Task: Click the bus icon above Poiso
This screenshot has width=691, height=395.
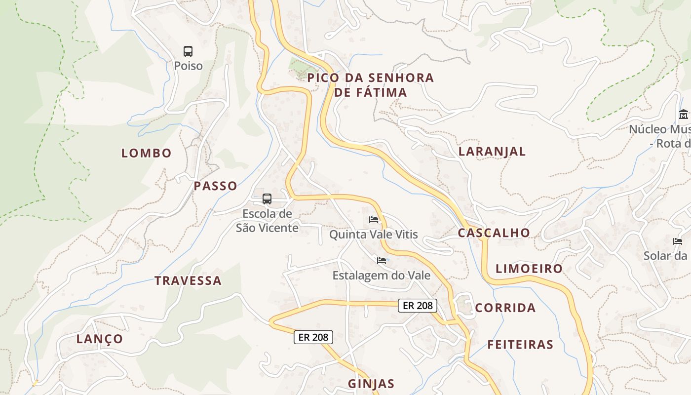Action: click(188, 51)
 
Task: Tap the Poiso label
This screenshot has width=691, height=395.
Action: click(188, 66)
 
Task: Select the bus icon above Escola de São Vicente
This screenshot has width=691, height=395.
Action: click(267, 199)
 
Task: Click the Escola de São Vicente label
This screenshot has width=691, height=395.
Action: click(267, 221)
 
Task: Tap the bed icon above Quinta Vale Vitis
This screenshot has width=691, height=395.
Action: click(374, 219)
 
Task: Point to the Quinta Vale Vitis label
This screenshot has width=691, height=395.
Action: click(374, 235)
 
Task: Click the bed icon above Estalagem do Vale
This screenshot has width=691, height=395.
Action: click(382, 260)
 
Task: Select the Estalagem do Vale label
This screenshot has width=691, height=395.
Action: click(382, 276)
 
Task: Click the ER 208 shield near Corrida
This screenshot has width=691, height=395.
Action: click(418, 306)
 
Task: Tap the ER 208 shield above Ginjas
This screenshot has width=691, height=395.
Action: click(313, 337)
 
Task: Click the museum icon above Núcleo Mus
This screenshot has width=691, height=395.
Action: click(684, 115)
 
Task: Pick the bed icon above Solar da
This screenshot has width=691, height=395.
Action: click(678, 241)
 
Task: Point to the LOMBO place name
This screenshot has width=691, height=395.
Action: click(147, 153)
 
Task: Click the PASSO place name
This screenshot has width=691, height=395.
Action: click(216, 186)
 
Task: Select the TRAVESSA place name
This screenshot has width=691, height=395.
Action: click(188, 281)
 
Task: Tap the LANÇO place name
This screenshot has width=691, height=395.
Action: click(100, 339)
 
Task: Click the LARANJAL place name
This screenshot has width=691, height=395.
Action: click(492, 152)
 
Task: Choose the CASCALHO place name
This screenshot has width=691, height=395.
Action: click(494, 233)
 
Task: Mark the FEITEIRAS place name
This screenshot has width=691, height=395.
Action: click(520, 345)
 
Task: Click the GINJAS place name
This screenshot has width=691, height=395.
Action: click(371, 384)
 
